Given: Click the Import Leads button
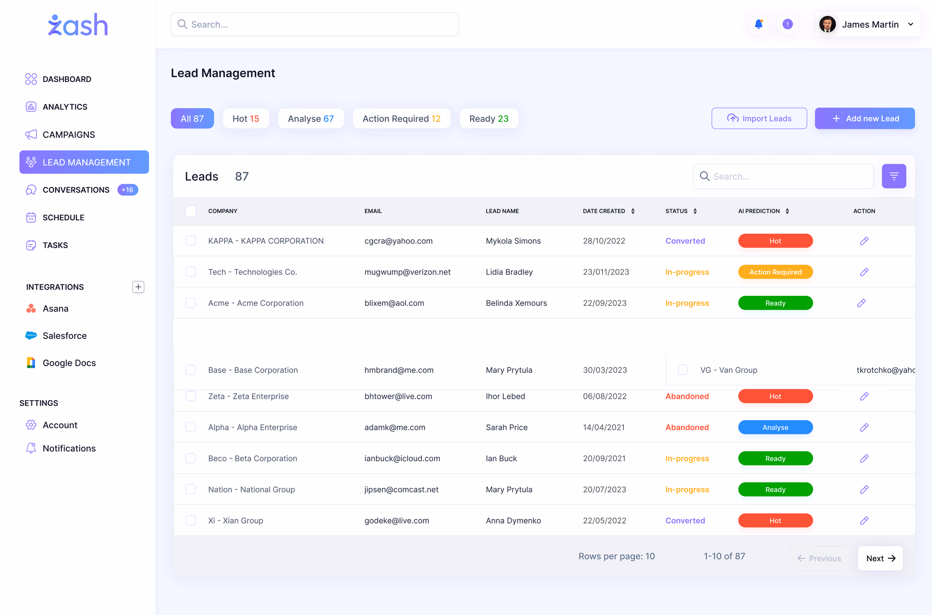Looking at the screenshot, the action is pyautogui.click(x=759, y=118).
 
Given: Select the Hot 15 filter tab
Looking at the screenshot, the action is pyautogui.click(x=246, y=118).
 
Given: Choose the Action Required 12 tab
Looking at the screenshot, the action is pyautogui.click(x=401, y=118).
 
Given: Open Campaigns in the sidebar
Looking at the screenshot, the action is pyautogui.click(x=69, y=135).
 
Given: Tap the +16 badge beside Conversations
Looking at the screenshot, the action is pyautogui.click(x=127, y=190).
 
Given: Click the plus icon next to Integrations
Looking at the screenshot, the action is pyautogui.click(x=138, y=287).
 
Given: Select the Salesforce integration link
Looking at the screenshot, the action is pyautogui.click(x=65, y=335).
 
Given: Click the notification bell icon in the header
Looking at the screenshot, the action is pyautogui.click(x=759, y=24).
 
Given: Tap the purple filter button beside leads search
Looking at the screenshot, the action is pyautogui.click(x=894, y=176).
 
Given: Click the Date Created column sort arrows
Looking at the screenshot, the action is pyautogui.click(x=633, y=211).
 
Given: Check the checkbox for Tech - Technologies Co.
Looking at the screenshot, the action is pyautogui.click(x=191, y=272).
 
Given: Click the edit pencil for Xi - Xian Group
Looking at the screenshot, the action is pyautogui.click(x=864, y=520).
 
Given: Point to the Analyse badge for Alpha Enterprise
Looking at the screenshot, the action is pyautogui.click(x=775, y=427).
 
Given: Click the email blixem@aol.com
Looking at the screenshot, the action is pyautogui.click(x=394, y=303).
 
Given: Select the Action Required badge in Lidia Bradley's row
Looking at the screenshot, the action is pyautogui.click(x=775, y=272).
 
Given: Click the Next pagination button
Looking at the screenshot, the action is pyautogui.click(x=880, y=558).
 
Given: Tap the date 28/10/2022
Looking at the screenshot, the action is pyautogui.click(x=604, y=241).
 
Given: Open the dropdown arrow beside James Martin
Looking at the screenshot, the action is pyautogui.click(x=910, y=24).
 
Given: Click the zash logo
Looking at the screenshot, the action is pyautogui.click(x=78, y=25).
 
